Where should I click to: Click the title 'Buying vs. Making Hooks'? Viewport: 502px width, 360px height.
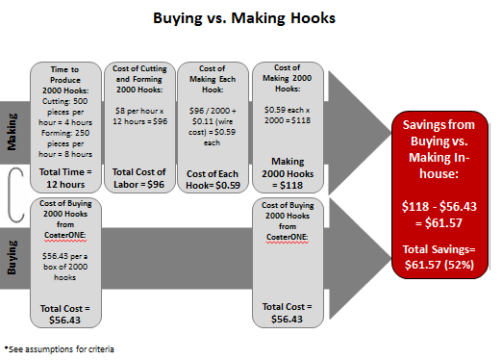pyautogui.click(x=244, y=18)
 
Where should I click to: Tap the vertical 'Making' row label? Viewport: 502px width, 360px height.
pyautogui.click(x=12, y=132)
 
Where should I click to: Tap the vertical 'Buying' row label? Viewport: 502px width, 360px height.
pyautogui.click(x=12, y=257)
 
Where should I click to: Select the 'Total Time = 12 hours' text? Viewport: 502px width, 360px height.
pyautogui.click(x=65, y=178)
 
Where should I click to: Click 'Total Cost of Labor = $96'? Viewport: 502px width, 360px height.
pyautogui.click(x=138, y=178)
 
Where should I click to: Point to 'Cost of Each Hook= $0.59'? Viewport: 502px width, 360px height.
pyautogui.click(x=213, y=179)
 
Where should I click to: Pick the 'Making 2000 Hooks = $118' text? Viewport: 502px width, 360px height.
pyautogui.click(x=288, y=173)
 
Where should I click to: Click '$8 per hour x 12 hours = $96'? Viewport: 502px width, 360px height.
pyautogui.click(x=139, y=116)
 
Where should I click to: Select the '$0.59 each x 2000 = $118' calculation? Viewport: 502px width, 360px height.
pyautogui.click(x=288, y=116)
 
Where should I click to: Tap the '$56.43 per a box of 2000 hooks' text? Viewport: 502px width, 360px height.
pyautogui.click(x=65, y=267)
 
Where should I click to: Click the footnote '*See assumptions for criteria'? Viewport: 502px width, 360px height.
pyautogui.click(x=60, y=349)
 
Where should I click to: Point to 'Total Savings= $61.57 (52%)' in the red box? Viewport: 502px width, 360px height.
pyautogui.click(x=439, y=257)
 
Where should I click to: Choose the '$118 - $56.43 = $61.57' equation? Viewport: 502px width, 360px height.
pyautogui.click(x=439, y=215)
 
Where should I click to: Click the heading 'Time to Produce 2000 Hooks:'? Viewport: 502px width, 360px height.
pyautogui.click(x=65, y=80)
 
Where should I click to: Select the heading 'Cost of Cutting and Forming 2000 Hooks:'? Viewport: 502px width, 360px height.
pyautogui.click(x=139, y=79)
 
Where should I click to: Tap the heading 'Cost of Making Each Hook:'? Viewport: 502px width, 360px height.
pyautogui.click(x=213, y=79)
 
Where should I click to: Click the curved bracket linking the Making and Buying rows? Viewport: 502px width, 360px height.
pyautogui.click(x=10, y=194)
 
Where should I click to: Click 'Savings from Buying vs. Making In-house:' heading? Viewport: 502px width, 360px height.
pyautogui.click(x=439, y=149)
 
